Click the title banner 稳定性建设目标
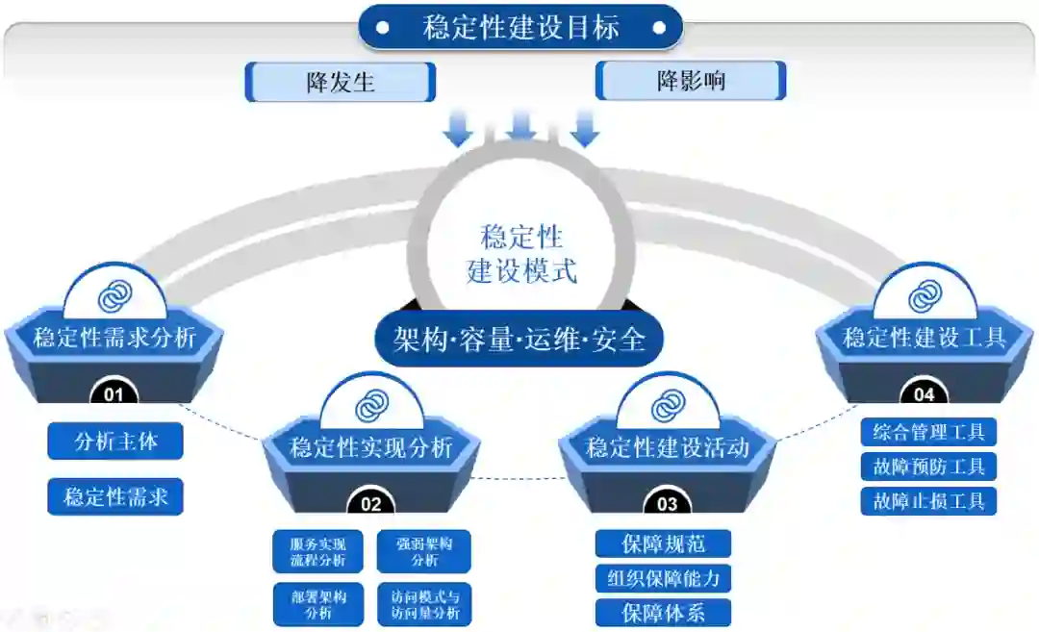[520, 27]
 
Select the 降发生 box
[341, 82]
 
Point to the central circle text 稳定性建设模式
[521, 253]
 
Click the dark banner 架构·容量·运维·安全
[519, 339]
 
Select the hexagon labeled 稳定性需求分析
[114, 338]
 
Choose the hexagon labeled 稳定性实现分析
[371, 447]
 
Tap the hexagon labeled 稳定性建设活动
[668, 447]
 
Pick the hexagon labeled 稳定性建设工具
[925, 338]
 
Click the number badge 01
[114, 393]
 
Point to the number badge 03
[667, 503]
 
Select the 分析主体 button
[115, 442]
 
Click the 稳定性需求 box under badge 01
[115, 497]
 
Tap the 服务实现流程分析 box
[318, 551]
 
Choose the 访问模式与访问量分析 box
[424, 604]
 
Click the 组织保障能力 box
[664, 578]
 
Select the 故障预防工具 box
[928, 468]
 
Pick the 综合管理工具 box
[928, 433]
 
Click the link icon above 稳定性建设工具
[925, 295]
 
